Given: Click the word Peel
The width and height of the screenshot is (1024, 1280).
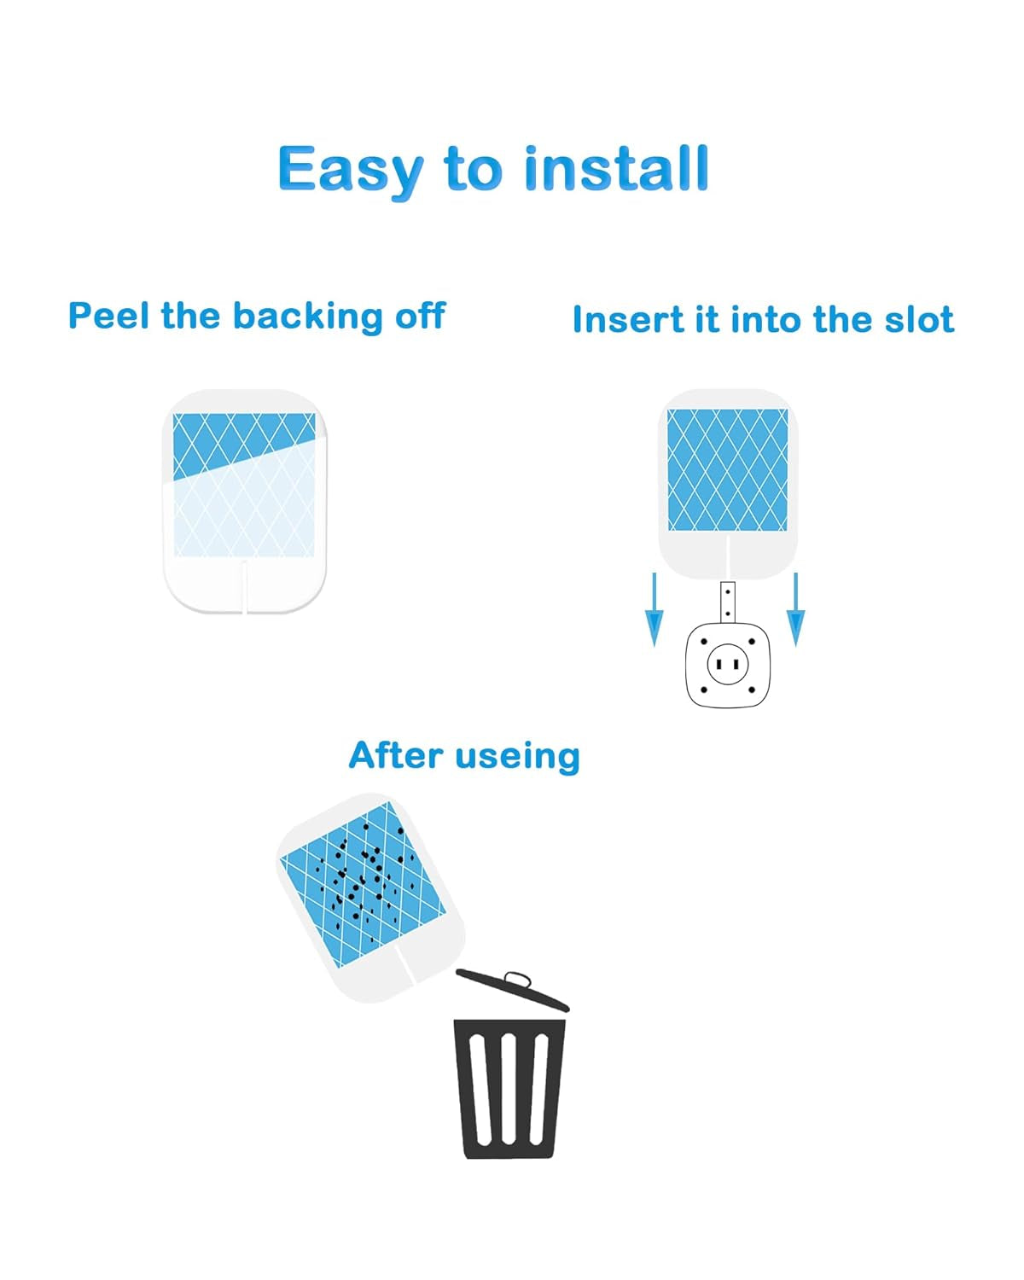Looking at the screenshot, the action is [108, 315].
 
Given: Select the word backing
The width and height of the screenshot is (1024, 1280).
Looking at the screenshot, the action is [308, 317].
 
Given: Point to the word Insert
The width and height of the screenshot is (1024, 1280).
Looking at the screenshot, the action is [628, 320].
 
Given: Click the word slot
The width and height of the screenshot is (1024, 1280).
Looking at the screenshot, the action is [919, 320].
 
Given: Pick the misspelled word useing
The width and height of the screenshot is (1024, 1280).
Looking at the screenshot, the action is [517, 758].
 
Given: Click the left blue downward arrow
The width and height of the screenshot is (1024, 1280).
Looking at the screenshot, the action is [654, 609].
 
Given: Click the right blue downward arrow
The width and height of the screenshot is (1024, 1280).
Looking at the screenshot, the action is [795, 609].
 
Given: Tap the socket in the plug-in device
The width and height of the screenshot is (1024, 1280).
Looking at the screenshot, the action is [727, 664].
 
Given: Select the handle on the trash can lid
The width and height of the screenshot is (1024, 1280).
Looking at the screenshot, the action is [518, 979].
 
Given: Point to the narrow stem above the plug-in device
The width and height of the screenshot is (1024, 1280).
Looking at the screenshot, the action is [727, 602].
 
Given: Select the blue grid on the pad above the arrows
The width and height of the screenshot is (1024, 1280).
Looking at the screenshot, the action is [727, 469].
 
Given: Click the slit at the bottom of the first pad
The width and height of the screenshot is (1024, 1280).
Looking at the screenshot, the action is [244, 586].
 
